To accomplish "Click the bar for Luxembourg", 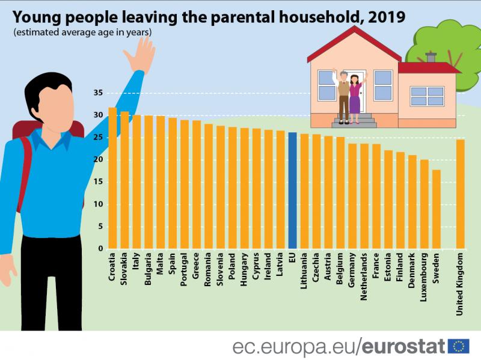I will pyautogui.click(x=424, y=204).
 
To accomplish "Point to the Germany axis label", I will pyautogui.click(x=352, y=271).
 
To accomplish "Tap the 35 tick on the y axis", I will pyautogui.click(x=98, y=93).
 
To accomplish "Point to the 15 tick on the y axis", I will pyautogui.click(x=98, y=182).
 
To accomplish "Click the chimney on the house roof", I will pyautogui.click(x=430, y=58).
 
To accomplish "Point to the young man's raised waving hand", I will pyautogui.click(x=139, y=50).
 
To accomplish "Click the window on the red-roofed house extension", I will pyautogui.click(x=427, y=96).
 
